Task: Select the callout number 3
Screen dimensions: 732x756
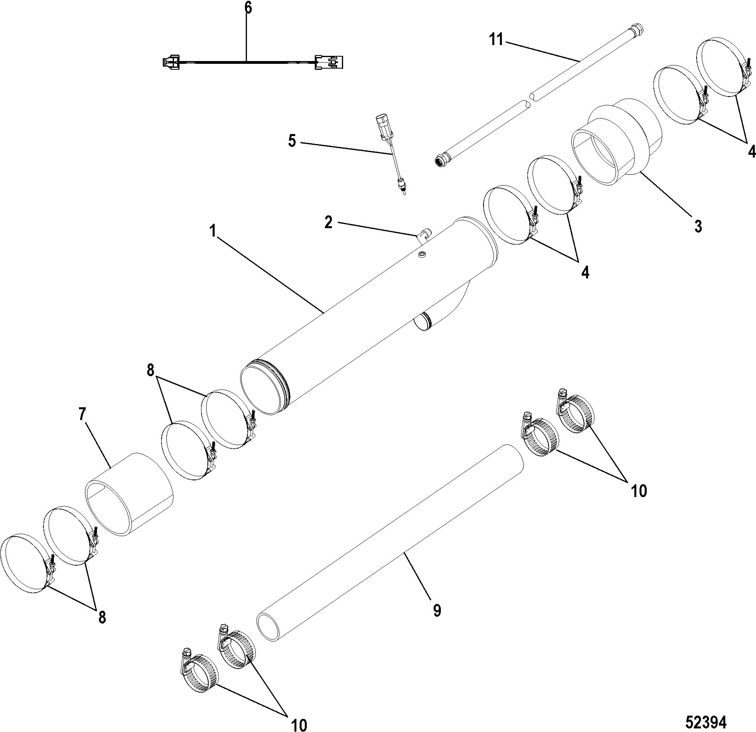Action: click(698, 226)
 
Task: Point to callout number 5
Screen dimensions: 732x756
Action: click(292, 141)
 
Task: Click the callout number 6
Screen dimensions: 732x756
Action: click(248, 8)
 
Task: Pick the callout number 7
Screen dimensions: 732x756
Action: click(82, 414)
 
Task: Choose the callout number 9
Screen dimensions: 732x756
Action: click(437, 610)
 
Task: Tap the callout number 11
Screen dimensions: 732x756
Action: click(497, 40)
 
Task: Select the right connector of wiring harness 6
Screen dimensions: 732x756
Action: click(330, 63)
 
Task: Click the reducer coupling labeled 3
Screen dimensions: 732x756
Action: click(616, 144)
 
